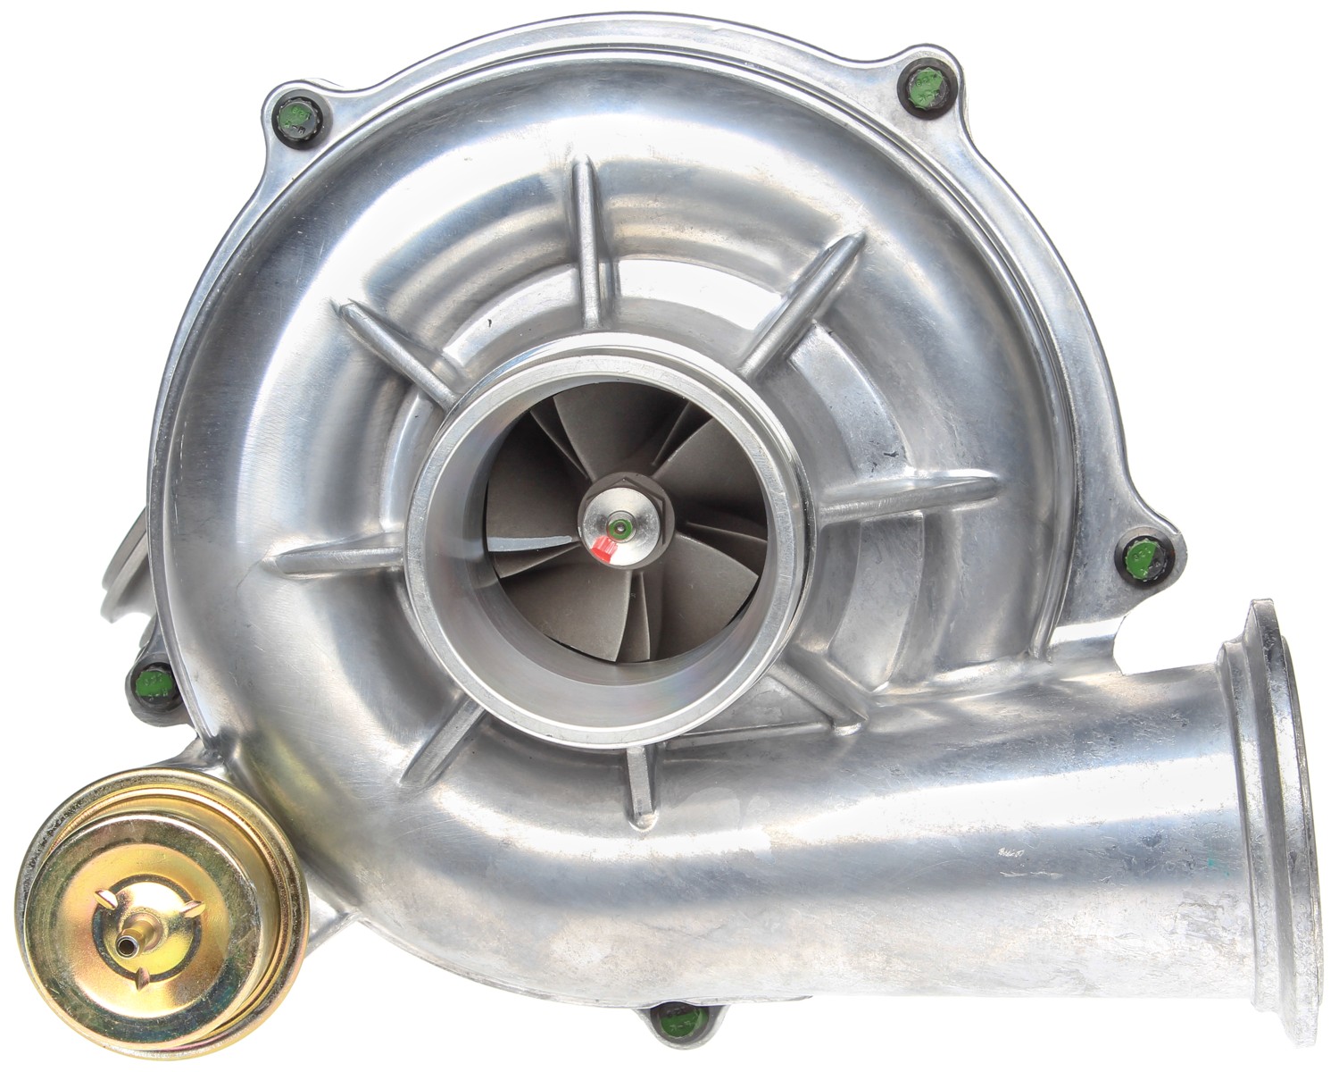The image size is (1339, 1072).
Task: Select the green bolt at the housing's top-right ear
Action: [924, 88]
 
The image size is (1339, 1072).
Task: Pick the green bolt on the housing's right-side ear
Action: [1140, 559]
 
